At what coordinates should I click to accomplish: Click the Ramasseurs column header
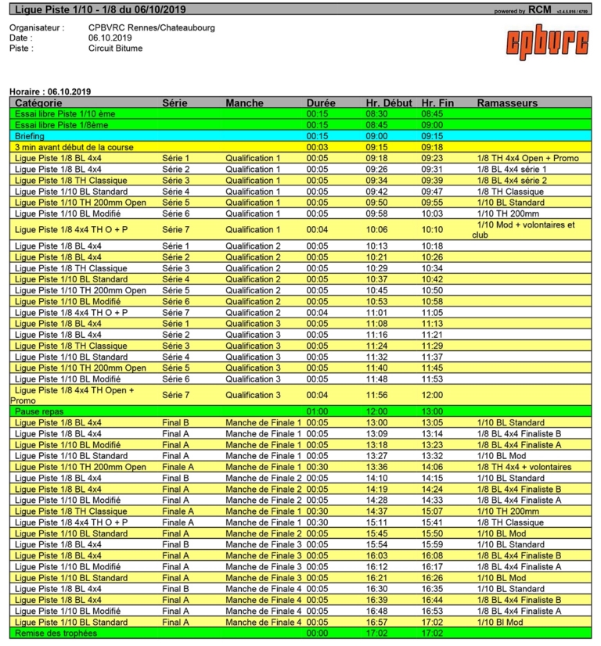pyautogui.click(x=506, y=103)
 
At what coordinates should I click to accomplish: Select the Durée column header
pyautogui.click(x=321, y=103)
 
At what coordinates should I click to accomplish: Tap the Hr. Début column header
pyautogui.click(x=389, y=103)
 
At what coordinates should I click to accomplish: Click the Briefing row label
pyautogui.click(x=30, y=136)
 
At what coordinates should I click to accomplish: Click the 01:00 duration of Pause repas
pyautogui.click(x=317, y=411)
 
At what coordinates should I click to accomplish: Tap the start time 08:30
pyautogui.click(x=376, y=113)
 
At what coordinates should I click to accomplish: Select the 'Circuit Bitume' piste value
pyautogui.click(x=115, y=48)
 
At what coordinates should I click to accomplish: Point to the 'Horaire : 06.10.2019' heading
pyautogui.click(x=50, y=92)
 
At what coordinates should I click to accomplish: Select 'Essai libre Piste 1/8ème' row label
pyautogui.click(x=63, y=124)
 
